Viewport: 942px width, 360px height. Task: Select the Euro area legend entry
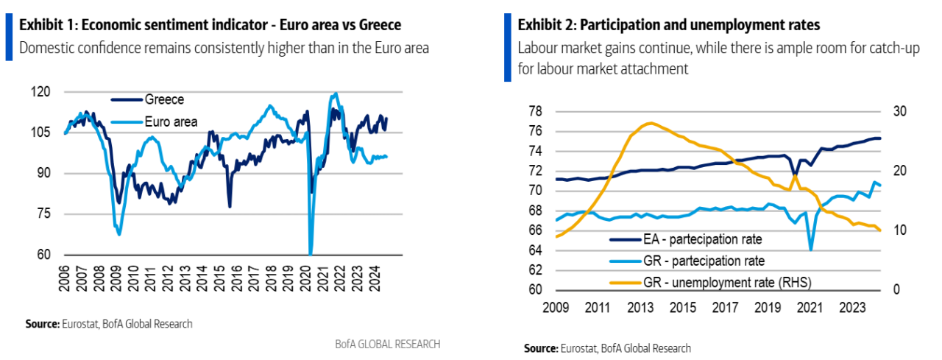[x=171, y=122]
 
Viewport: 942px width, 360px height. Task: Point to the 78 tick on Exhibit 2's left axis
[x=535, y=111]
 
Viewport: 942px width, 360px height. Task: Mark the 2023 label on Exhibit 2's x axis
[x=852, y=306]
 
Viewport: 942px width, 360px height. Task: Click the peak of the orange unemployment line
[x=649, y=123]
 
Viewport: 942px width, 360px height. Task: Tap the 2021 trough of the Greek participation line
[x=811, y=250]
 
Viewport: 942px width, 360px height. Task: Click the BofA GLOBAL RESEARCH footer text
[x=387, y=344]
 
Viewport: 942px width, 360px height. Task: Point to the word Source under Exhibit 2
[x=541, y=348]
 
